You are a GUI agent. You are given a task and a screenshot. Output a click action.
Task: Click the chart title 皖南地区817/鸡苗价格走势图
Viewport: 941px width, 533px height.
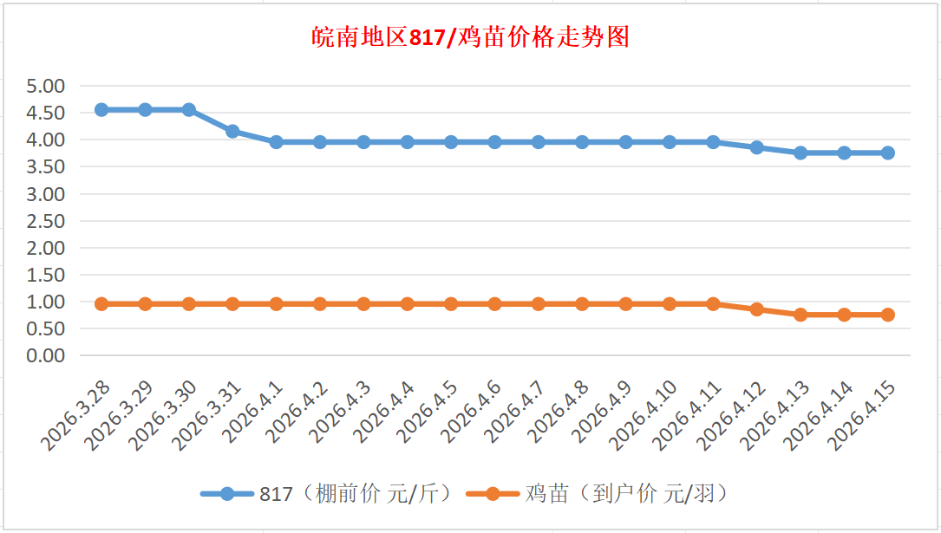coord(470,37)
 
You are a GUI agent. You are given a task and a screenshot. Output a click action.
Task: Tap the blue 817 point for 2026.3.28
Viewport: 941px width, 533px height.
coord(101,110)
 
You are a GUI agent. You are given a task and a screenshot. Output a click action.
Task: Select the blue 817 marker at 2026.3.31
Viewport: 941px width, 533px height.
coord(232,132)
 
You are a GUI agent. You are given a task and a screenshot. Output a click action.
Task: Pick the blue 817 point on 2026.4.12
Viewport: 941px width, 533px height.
coord(757,147)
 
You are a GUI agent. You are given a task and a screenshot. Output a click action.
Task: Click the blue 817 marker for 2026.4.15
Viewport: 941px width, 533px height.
coord(888,153)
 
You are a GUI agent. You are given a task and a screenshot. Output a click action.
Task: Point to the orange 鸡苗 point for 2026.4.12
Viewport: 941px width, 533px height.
coord(757,309)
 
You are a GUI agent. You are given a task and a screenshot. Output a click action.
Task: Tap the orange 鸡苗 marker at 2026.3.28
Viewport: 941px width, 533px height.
coord(101,304)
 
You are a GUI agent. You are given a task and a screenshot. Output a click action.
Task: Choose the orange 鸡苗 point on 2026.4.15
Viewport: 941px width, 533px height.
coord(888,315)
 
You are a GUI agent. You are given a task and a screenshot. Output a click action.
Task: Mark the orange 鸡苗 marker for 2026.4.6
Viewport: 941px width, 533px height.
coord(495,304)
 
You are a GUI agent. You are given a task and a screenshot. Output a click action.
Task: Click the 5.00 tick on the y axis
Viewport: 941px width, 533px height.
coord(46,86)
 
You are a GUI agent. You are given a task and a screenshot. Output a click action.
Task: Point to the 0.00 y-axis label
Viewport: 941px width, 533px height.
coord(46,355)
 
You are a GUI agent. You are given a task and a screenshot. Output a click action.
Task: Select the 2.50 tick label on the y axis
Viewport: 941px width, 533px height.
coord(46,221)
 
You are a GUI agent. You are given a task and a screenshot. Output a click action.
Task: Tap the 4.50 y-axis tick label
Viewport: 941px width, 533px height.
coord(46,113)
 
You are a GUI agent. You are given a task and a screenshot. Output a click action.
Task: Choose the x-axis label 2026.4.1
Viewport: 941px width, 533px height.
coord(255,410)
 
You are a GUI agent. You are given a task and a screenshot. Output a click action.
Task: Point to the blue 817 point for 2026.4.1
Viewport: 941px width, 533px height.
coord(277,142)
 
